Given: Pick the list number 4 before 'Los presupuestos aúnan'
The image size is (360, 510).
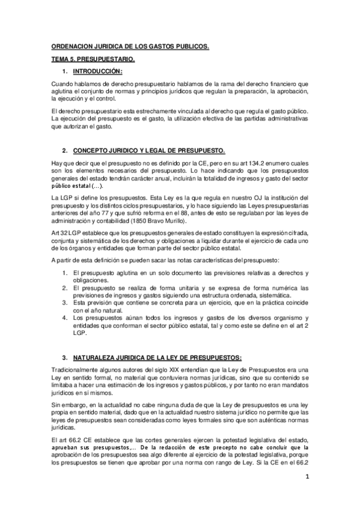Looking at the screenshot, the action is point(67,318).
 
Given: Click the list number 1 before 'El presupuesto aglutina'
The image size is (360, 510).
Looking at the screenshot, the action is point(67,274).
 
